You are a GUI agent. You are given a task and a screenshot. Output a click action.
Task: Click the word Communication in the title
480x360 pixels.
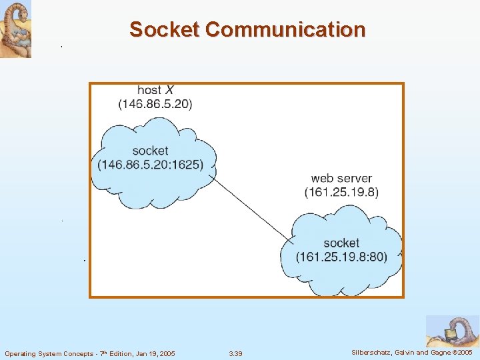285,30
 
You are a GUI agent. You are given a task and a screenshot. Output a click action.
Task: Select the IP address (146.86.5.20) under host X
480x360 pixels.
155,104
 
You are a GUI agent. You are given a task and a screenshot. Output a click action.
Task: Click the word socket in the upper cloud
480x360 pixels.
150,151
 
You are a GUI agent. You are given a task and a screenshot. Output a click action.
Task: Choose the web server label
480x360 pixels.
341,178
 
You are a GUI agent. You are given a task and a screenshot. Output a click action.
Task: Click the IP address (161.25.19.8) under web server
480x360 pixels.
341,192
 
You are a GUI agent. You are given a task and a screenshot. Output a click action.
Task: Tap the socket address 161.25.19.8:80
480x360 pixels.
342,257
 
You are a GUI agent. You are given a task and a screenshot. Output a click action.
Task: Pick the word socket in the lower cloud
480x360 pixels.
341,243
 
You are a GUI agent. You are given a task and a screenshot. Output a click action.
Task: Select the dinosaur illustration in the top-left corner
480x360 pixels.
15,29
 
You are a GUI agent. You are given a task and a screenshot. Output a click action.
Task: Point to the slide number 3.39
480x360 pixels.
235,353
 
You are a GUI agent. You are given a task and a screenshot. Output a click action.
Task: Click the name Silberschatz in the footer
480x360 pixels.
371,352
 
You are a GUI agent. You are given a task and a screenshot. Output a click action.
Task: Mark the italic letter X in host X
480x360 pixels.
170,90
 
